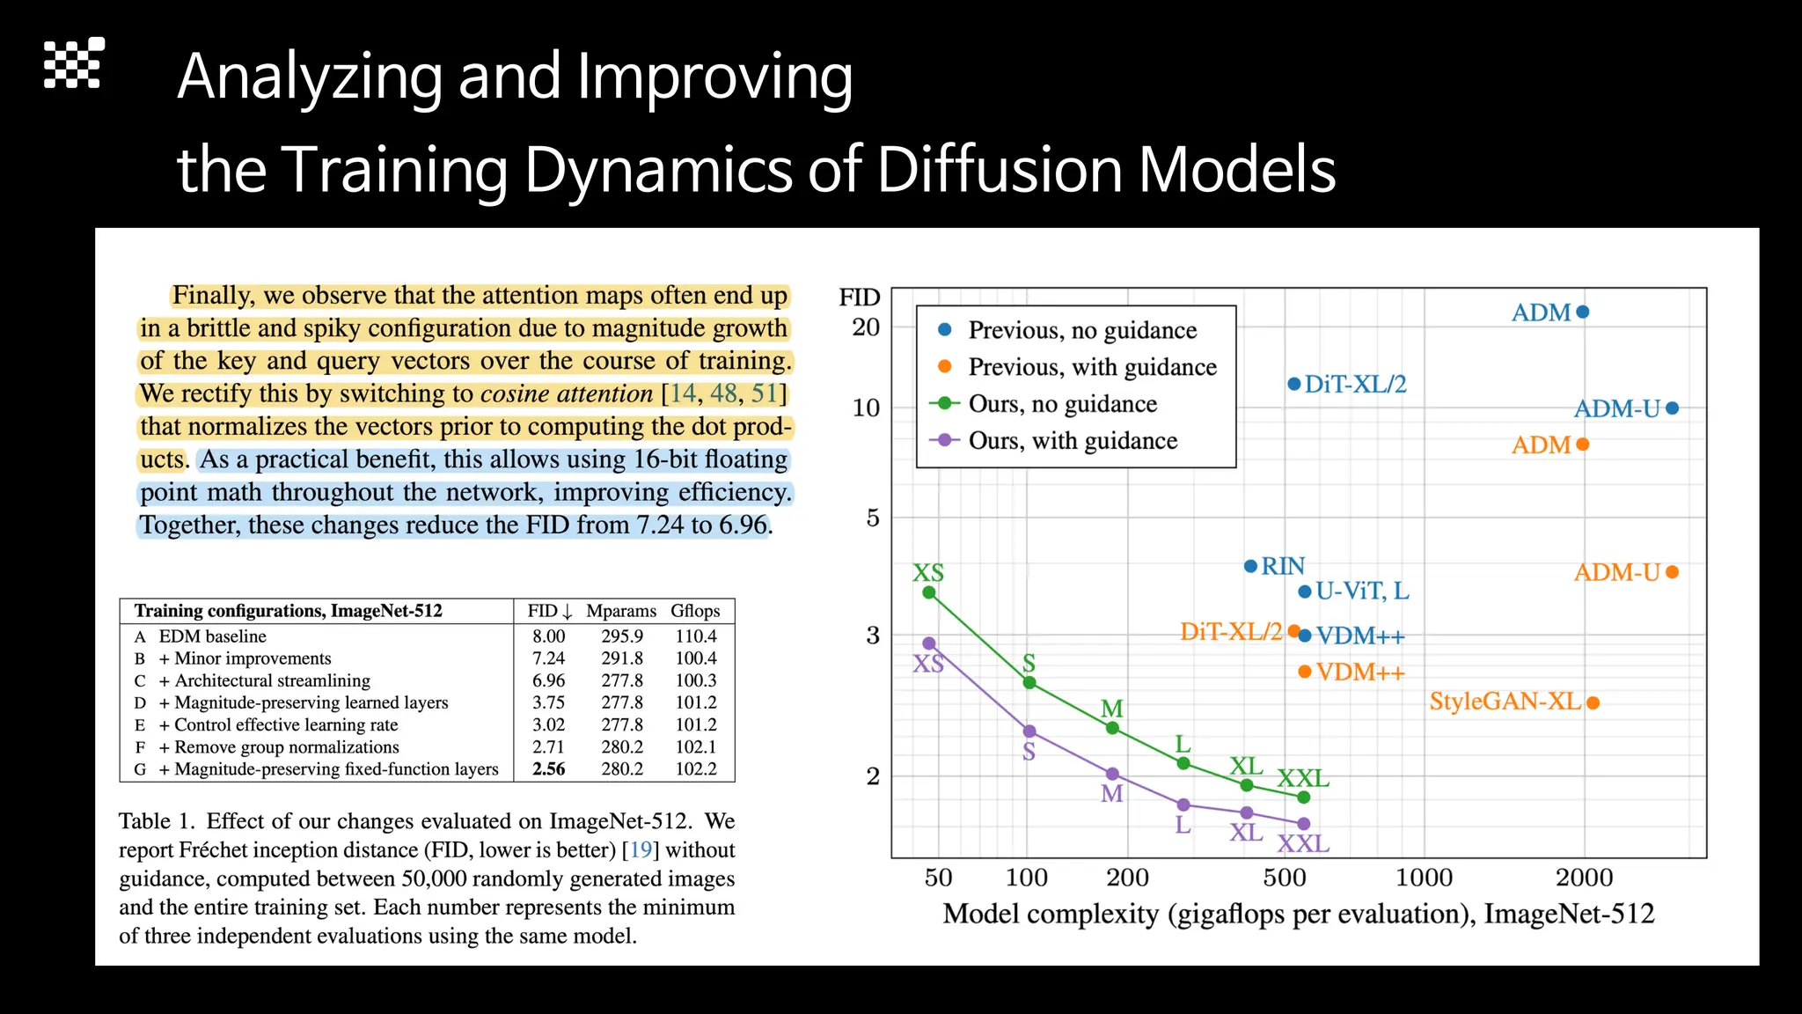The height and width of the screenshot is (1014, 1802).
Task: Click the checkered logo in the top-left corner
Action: click(x=74, y=63)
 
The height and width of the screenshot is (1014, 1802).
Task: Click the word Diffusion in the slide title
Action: click(x=999, y=169)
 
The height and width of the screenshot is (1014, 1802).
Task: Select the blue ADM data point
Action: click(x=1582, y=312)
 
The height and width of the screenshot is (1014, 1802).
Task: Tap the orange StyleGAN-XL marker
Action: click(x=1593, y=702)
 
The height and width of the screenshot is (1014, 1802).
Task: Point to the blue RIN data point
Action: click(x=1250, y=566)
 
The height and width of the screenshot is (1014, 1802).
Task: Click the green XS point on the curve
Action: click(x=928, y=592)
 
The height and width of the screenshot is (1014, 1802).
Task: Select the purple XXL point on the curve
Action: click(x=1304, y=824)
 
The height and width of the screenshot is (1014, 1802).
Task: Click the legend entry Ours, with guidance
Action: click(x=1072, y=440)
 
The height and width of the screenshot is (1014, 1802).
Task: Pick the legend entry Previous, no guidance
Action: click(x=1081, y=330)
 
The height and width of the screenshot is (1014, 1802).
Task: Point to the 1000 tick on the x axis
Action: click(x=1424, y=878)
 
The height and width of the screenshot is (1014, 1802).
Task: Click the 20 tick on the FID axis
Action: click(x=866, y=327)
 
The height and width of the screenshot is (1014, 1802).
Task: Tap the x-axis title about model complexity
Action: click(x=1298, y=914)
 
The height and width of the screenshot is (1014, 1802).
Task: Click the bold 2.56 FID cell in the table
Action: click(x=549, y=769)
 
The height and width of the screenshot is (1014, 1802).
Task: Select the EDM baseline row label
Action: click(x=212, y=636)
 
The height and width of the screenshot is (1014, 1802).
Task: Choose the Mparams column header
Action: click(x=621, y=611)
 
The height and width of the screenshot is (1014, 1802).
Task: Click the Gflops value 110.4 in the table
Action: click(x=696, y=636)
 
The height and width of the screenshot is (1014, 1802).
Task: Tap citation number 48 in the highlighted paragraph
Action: click(x=723, y=393)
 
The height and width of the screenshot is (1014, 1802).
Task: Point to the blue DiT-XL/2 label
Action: click(x=1355, y=385)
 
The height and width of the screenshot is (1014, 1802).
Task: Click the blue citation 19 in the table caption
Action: click(x=641, y=850)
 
